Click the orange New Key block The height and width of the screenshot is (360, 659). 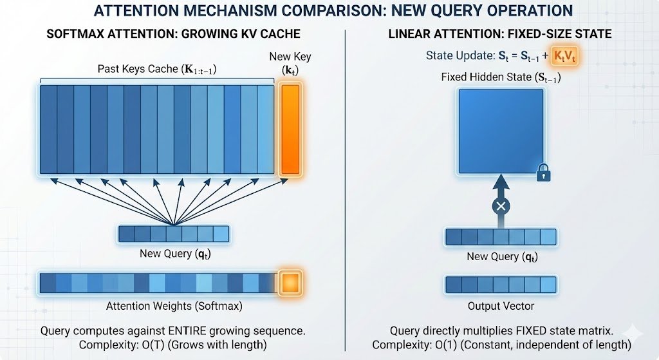[x=290, y=129]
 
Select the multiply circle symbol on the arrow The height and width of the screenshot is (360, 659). [x=501, y=207]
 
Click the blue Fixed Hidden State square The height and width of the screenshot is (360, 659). [x=501, y=131]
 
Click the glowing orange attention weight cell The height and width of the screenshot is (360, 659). [x=291, y=283]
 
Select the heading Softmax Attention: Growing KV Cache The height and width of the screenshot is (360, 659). [x=174, y=33]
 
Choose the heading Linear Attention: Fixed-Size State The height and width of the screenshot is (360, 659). [x=501, y=33]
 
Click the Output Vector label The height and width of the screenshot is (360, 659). [x=501, y=306]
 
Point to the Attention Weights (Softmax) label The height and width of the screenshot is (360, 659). [x=169, y=305]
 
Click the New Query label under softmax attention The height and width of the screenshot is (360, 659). [x=174, y=254]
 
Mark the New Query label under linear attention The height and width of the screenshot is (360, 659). [x=501, y=257]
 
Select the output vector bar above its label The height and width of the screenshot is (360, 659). [x=501, y=284]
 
